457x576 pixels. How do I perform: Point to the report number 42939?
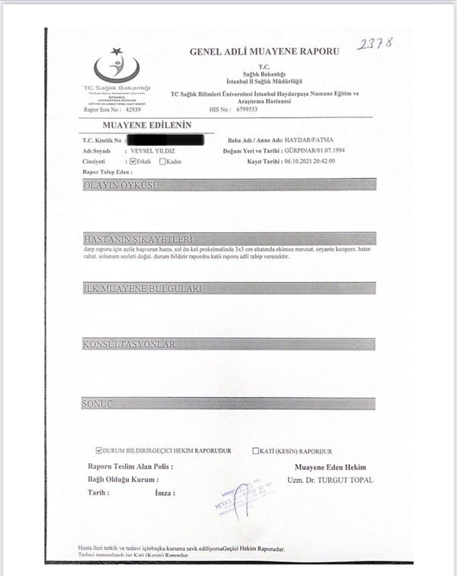(128, 110)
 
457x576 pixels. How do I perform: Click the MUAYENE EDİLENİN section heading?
(137, 125)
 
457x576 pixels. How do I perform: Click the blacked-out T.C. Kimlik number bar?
(167, 140)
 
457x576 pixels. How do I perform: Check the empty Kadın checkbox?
(163, 162)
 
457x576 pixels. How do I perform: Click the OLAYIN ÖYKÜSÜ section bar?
(228, 184)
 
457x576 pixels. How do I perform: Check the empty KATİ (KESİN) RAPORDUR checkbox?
(257, 451)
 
